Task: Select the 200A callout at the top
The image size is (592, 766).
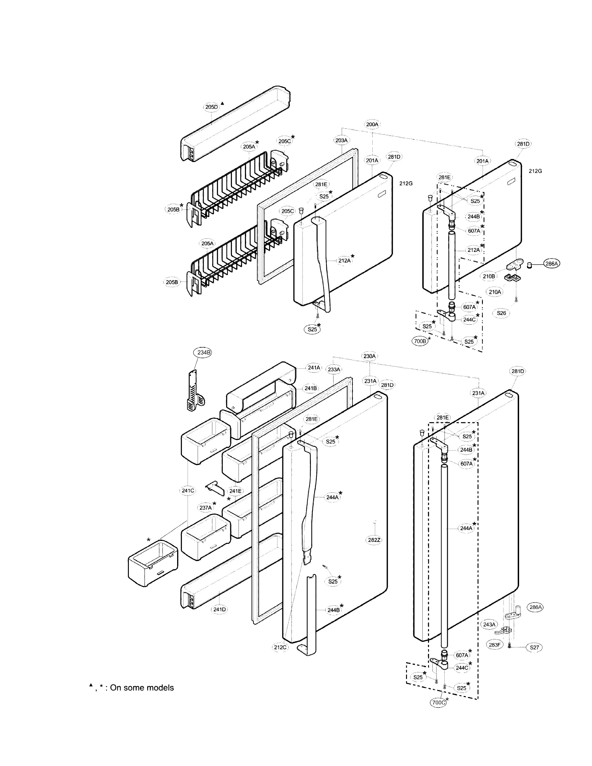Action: (x=372, y=124)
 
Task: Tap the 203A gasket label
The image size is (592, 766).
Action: (x=341, y=140)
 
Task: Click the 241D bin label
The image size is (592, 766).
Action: (x=220, y=609)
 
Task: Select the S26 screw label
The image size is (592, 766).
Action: (x=501, y=313)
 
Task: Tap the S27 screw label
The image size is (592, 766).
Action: (x=534, y=647)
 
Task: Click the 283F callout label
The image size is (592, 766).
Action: (x=494, y=645)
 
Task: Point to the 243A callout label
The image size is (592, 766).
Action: (x=489, y=624)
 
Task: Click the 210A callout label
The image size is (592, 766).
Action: (x=495, y=292)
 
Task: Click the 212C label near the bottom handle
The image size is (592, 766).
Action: (x=280, y=647)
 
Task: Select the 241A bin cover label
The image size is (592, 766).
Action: (x=314, y=368)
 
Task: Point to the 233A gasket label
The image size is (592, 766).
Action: (x=334, y=369)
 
